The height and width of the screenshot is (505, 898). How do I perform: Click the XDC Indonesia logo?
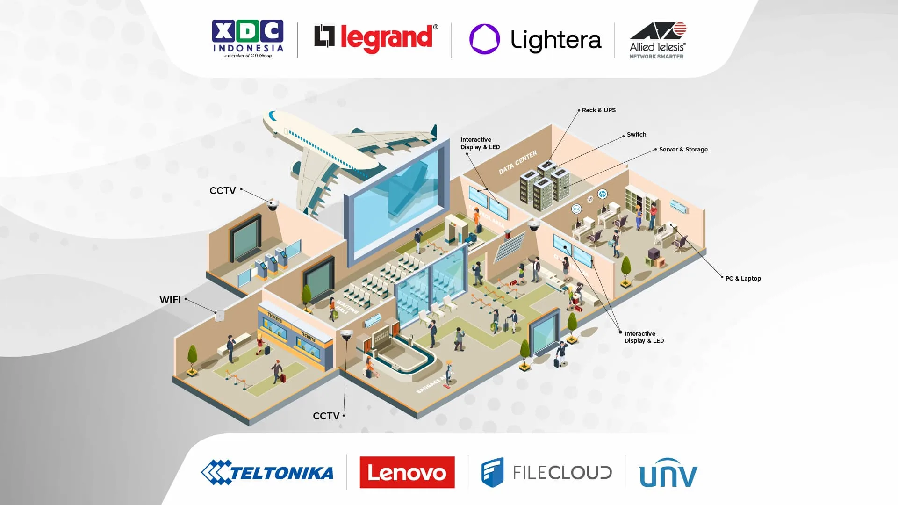pos(247,38)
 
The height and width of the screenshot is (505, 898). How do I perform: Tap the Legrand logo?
pos(376,38)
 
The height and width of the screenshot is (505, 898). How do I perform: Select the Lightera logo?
pos(535,40)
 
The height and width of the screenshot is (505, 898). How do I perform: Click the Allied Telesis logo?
pos(657,40)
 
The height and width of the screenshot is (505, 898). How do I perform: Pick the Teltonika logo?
pos(267,472)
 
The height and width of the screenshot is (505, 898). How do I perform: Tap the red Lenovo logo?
pos(407,472)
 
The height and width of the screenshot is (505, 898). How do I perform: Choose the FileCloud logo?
pos(546,472)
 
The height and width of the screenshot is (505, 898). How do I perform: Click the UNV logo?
pos(668,473)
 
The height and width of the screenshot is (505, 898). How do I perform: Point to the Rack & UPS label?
pos(598,110)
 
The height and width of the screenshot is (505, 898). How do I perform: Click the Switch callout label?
pos(636,135)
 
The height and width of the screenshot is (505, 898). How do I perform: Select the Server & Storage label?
pos(683,150)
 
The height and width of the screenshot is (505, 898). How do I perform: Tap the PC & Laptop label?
pos(743,279)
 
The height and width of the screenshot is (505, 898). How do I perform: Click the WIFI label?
pos(170,300)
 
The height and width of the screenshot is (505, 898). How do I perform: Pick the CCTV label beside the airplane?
pos(223,191)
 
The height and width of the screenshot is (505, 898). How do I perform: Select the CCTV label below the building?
pos(326,416)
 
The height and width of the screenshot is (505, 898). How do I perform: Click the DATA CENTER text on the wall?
pos(517,162)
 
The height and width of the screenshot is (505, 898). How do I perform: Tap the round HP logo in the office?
pos(603,194)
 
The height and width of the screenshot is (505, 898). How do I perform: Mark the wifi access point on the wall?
pos(219,316)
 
